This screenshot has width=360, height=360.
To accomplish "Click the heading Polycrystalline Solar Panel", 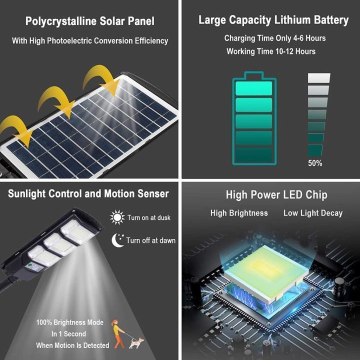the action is pyautogui.click(x=90, y=21).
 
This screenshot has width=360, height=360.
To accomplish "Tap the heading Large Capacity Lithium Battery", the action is pyautogui.click(x=273, y=20).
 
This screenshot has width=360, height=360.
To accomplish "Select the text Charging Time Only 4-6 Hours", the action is pyautogui.click(x=274, y=38).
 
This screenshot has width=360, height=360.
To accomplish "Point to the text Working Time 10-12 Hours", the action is pyautogui.click(x=271, y=51).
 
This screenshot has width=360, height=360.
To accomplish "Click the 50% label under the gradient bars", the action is pyautogui.click(x=315, y=163).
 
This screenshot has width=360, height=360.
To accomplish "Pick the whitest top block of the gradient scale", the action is pyautogui.click(x=319, y=78).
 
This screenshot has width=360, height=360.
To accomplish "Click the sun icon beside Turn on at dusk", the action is pyautogui.click(x=117, y=217).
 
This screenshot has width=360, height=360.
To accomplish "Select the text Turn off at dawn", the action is pyautogui.click(x=151, y=240).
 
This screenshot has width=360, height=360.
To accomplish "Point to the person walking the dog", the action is pyautogui.click(x=118, y=332).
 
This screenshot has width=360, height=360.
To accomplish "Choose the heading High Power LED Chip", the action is pyautogui.click(x=269, y=195).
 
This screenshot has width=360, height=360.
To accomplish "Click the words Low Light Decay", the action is pyautogui.click(x=313, y=213).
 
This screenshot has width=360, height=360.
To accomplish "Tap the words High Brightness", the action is pyautogui.click(x=239, y=213).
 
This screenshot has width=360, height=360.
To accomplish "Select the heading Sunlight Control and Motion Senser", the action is pyautogui.click(x=88, y=193).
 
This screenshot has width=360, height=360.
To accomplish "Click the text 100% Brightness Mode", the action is pyautogui.click(x=69, y=322).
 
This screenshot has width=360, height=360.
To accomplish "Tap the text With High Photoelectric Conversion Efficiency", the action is pyautogui.click(x=90, y=41).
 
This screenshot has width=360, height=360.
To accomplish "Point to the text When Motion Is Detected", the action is pyautogui.click(x=72, y=345).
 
